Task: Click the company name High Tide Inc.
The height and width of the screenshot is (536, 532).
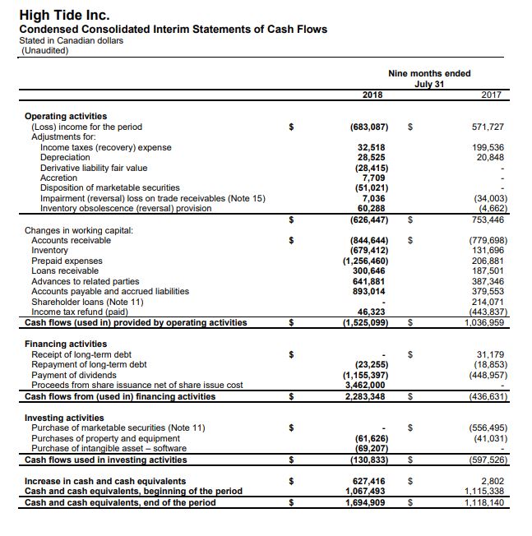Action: [x=64, y=15]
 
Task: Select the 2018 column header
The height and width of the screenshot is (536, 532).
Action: [x=372, y=95]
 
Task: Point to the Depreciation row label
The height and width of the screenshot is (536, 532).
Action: [x=65, y=157]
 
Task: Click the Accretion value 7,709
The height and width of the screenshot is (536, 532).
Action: [x=373, y=178]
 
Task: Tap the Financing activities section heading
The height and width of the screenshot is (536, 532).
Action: [x=66, y=344]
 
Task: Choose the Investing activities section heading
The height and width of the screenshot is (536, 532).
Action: [x=65, y=418]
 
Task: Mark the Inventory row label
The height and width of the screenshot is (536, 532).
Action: [x=49, y=251]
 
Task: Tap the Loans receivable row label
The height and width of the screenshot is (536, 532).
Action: [x=65, y=270]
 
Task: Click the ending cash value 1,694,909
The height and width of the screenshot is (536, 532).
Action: [x=367, y=502]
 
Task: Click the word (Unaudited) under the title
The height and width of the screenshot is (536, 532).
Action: [x=45, y=50]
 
